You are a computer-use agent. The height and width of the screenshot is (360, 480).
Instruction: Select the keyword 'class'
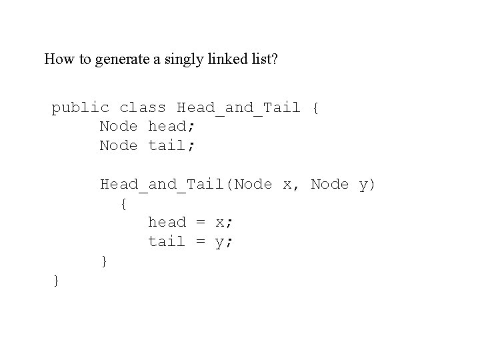click(143, 107)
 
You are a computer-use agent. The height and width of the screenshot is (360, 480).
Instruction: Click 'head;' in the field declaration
click(172, 126)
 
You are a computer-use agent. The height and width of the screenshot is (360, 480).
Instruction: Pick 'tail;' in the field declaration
click(172, 145)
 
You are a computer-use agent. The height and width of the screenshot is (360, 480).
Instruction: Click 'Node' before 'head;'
click(119, 126)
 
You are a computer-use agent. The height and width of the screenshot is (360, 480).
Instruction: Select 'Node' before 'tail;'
click(119, 145)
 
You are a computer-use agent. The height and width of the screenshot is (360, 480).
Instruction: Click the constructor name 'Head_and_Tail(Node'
click(186, 184)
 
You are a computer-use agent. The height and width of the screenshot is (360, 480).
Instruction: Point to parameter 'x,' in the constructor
click(291, 184)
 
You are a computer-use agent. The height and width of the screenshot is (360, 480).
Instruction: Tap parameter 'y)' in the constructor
click(367, 184)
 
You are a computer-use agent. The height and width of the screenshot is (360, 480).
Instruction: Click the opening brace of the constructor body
click(123, 203)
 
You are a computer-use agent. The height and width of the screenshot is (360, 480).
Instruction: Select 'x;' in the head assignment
click(224, 222)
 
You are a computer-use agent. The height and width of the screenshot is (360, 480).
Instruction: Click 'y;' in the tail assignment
click(224, 241)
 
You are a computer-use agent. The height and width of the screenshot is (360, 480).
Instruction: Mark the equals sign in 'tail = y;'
click(200, 241)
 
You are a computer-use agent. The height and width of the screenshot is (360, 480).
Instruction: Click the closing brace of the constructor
click(103, 261)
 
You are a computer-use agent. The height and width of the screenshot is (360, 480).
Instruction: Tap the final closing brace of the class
click(56, 281)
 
